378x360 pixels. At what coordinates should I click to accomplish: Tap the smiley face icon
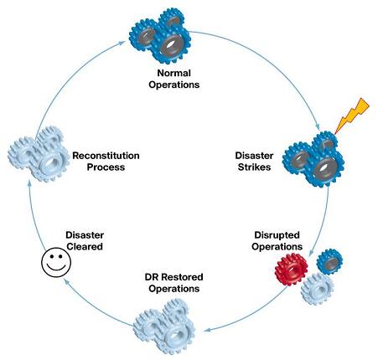point(56,262)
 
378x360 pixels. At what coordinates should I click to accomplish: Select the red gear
point(292,270)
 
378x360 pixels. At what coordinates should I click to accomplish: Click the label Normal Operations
point(174,79)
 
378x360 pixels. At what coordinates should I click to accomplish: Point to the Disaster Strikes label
point(254,161)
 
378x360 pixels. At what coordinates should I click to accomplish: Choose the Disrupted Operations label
point(277,240)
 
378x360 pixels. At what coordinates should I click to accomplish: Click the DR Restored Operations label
point(173,282)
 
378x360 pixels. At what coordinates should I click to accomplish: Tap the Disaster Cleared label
point(85,240)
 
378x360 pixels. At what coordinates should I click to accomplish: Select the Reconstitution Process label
point(106,161)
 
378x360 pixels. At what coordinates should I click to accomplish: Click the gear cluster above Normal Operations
point(160,36)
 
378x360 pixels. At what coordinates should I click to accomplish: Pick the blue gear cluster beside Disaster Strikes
point(313,159)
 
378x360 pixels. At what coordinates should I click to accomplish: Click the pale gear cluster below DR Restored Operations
point(164,327)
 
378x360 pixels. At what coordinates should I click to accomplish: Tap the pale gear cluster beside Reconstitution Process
point(39,154)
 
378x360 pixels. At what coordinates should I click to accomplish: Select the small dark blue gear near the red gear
point(329,262)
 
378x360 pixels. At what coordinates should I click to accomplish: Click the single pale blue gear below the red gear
point(317,289)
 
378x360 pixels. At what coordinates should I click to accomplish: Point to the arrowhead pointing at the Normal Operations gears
point(122,43)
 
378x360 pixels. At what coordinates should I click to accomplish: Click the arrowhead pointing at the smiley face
point(66,281)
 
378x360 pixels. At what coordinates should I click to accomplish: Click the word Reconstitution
point(106,156)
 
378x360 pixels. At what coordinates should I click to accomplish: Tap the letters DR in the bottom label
point(152,277)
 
